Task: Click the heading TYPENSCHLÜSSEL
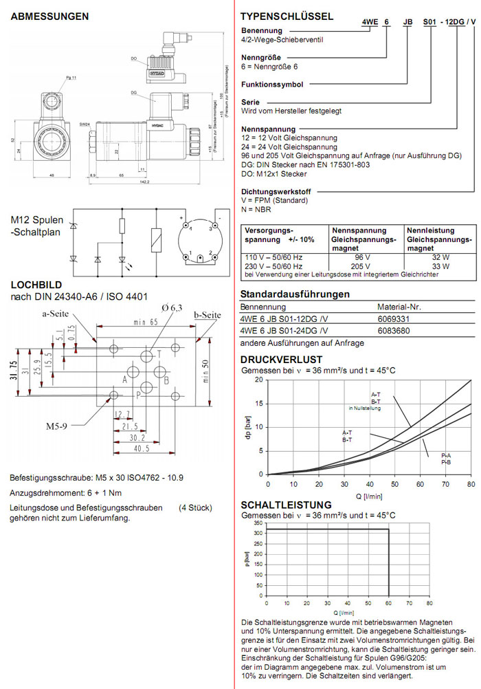tap(287, 16)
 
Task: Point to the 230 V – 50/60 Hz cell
tap(275, 265)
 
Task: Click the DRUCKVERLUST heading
tap(282, 360)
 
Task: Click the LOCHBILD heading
tap(36, 284)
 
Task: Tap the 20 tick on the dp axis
tap(259, 380)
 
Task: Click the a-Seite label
tap(58, 314)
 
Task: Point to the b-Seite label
tap(208, 316)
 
